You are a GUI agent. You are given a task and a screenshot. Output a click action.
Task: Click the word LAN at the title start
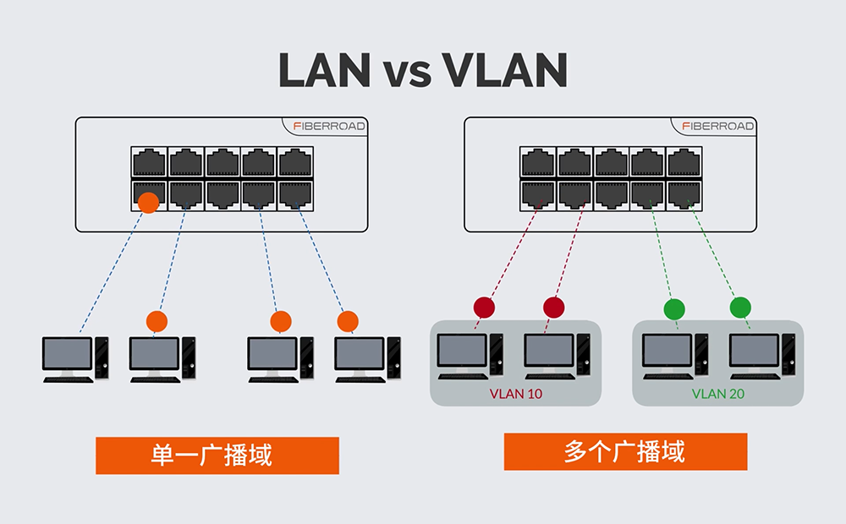[324, 71]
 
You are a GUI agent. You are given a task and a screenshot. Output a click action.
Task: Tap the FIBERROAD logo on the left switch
[329, 126]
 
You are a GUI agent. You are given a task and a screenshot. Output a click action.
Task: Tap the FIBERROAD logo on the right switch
[718, 126]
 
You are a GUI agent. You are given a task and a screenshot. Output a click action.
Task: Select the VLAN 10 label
[516, 394]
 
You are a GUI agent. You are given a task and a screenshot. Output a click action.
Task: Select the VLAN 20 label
[718, 394]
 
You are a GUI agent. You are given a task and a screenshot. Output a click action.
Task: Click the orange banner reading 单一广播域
[217, 456]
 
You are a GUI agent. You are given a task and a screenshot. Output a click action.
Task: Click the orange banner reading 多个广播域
[625, 452]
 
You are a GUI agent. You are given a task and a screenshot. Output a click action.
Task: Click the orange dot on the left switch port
[148, 202]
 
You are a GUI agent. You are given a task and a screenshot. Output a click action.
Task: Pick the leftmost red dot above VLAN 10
[484, 307]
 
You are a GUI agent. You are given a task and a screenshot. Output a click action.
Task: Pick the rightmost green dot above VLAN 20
[740, 307]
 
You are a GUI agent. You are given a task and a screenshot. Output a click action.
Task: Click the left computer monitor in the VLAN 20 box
[667, 352]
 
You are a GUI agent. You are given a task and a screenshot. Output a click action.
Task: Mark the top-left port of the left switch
[149, 162]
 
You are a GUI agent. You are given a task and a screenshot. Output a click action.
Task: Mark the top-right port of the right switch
[684, 162]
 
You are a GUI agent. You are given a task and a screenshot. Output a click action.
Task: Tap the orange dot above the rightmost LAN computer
[348, 321]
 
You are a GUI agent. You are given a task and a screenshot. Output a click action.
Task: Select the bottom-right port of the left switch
[295, 194]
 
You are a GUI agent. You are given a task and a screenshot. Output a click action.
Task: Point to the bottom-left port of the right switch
[538, 194]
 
